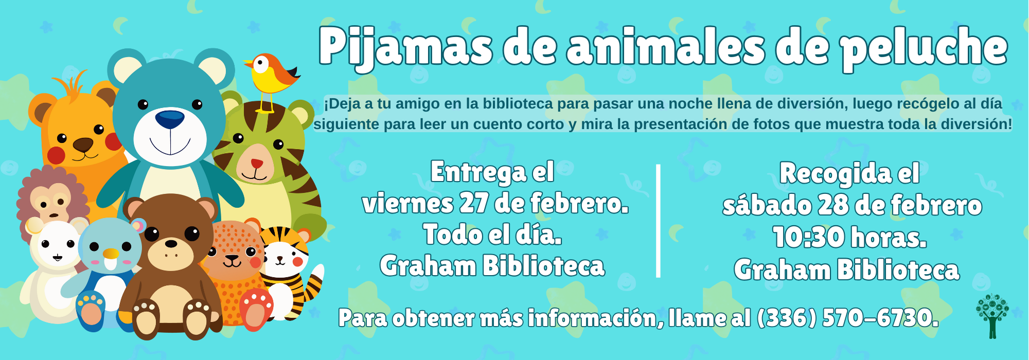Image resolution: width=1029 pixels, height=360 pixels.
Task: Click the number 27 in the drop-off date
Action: tap(473, 203)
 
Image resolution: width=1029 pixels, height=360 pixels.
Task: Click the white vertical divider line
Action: tap(658, 221)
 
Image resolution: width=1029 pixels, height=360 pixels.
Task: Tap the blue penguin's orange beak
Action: tap(111, 254)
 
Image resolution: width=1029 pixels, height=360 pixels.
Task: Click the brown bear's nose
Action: tap(171, 243)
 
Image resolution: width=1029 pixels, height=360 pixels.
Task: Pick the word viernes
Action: tap(408, 204)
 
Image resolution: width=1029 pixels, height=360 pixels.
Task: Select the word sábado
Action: tap(767, 205)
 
